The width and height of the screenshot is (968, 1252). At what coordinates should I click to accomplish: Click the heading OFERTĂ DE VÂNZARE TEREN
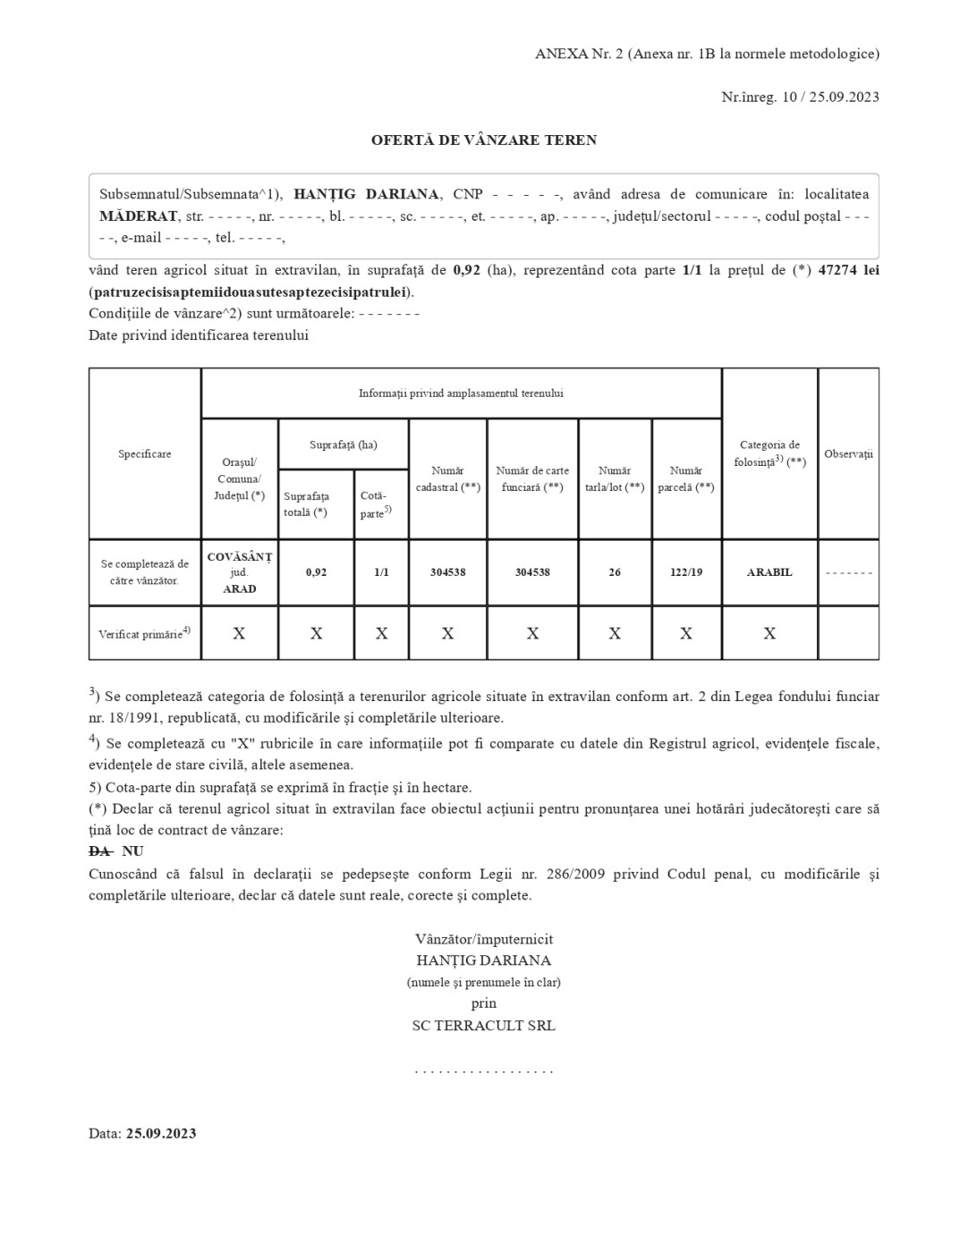(484, 140)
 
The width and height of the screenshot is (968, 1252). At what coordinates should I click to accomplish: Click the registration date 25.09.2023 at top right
(845, 97)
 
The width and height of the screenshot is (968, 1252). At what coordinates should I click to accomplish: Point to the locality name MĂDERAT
(139, 216)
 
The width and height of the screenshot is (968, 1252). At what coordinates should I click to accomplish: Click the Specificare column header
(145, 454)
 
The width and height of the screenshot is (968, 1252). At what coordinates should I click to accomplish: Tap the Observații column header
(848, 454)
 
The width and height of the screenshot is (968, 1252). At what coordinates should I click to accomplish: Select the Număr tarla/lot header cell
(615, 478)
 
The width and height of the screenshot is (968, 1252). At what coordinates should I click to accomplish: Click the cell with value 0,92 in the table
(316, 572)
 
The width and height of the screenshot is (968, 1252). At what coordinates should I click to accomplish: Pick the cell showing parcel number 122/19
(686, 572)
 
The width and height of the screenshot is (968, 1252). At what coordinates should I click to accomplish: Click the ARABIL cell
(769, 572)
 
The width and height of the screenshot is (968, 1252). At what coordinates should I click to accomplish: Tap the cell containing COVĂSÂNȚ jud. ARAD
(239, 572)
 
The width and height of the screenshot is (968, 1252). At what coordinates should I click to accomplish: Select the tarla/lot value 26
(615, 572)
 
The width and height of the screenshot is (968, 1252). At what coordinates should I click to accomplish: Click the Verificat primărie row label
(144, 633)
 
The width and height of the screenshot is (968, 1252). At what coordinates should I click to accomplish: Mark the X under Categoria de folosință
(769, 633)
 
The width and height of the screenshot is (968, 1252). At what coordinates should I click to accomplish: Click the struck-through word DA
(99, 851)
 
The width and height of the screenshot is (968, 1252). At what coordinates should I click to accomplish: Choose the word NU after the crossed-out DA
(132, 851)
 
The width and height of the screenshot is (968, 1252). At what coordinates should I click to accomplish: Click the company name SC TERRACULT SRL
(483, 1026)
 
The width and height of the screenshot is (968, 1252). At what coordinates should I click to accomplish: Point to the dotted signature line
(483, 1070)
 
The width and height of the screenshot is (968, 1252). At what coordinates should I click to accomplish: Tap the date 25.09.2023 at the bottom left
(161, 1134)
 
